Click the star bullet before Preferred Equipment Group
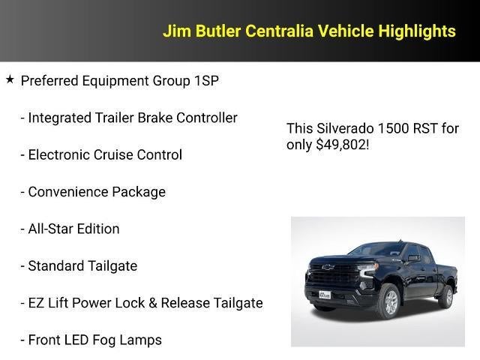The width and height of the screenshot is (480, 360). (x=10, y=79)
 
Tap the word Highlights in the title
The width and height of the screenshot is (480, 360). (x=416, y=31)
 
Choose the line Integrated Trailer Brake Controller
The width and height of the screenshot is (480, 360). (x=129, y=118)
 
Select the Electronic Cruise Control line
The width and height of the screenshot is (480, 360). (x=101, y=155)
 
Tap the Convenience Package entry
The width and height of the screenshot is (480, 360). (x=93, y=192)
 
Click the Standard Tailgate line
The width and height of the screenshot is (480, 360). (x=79, y=265)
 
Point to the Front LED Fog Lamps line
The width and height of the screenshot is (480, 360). (x=91, y=340)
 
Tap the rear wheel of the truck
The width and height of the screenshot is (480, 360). (x=445, y=295)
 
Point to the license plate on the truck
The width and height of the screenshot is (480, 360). (x=325, y=295)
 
